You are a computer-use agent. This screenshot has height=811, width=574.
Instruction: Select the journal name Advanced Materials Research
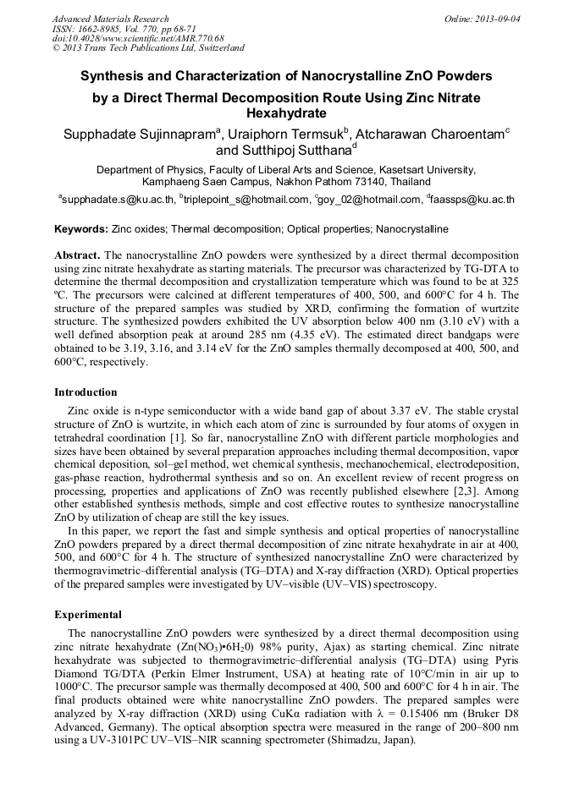coord(110,19)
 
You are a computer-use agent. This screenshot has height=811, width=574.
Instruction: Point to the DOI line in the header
coord(137,39)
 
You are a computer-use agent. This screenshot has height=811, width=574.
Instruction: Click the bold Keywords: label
coord(81,229)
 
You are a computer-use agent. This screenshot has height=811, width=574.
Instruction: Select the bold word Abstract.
coord(77,255)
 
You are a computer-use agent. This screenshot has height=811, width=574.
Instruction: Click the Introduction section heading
coord(86,392)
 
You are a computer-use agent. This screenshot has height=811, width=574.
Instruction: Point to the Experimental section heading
coord(88,615)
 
